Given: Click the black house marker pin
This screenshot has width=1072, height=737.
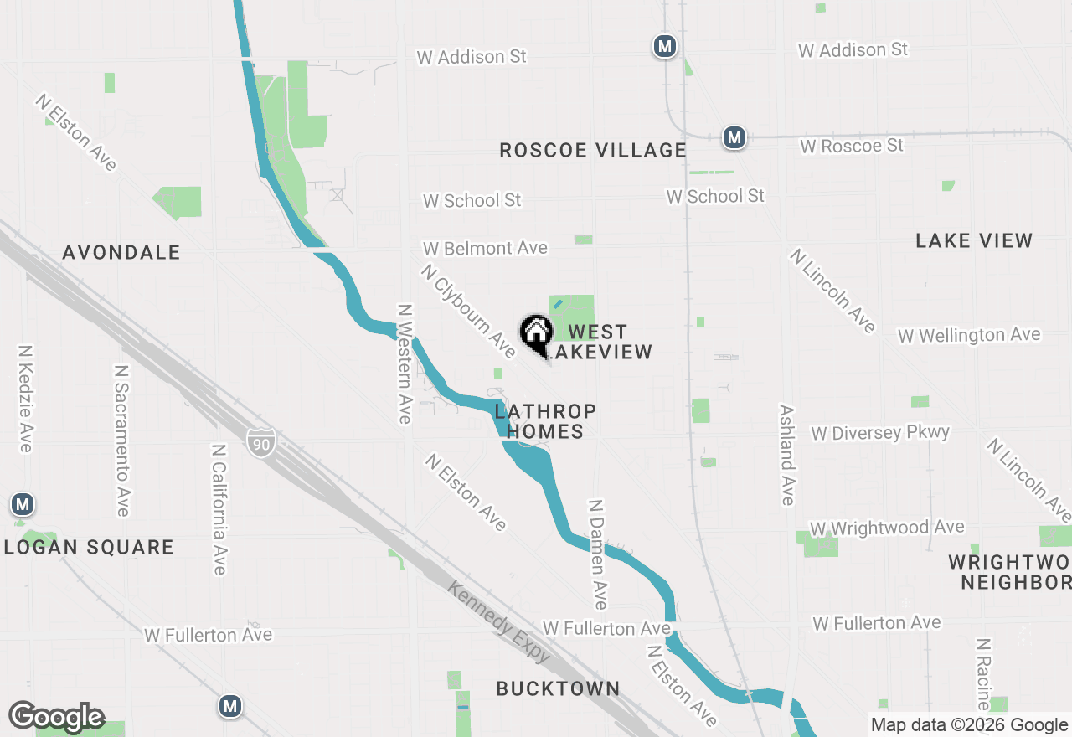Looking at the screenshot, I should coord(536,333).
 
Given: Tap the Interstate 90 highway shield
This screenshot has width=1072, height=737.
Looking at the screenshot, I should coord(261,442).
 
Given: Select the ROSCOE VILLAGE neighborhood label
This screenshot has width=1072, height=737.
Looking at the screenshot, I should coord(593,150).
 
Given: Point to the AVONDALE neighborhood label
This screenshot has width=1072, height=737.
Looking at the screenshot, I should coord(121,252).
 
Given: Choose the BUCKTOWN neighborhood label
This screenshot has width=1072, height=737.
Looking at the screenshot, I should coord(558,688).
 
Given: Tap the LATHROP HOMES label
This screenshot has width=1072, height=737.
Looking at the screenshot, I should coord(545,421).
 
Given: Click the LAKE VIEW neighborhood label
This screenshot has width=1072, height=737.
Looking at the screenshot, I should coord(974,241).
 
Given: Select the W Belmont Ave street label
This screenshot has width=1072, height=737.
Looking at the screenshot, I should coord(485,248).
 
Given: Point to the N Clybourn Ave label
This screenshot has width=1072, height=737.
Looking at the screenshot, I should coord(469,310).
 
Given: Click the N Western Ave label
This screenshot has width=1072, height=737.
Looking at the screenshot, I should coord(405,363).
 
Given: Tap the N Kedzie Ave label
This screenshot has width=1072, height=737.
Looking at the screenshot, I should coord(25,399).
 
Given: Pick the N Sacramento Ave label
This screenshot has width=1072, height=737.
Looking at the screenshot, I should coord(122,441).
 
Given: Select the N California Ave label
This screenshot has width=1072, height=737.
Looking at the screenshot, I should coord(219,509).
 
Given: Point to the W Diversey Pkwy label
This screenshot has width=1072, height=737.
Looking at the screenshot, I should coord(880,433).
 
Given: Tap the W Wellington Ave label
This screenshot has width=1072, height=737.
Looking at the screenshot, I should coord(969,336).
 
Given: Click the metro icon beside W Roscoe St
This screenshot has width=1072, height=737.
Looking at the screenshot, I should coord(734,137).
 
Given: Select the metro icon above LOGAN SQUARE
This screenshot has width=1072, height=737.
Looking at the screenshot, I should coord(23,505).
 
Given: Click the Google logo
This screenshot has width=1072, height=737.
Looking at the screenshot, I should coord(57,718).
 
